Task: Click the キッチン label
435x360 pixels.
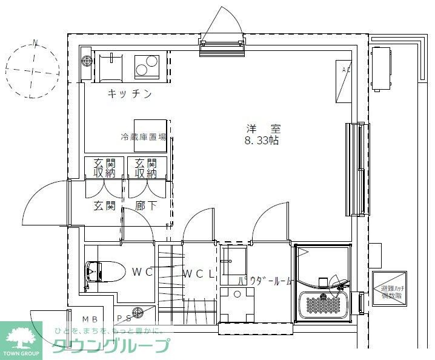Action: click(x=129, y=94)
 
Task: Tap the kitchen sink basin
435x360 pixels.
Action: click(x=111, y=65)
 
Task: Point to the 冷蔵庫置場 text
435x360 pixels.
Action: click(x=143, y=137)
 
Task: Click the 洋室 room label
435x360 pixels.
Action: click(x=263, y=128)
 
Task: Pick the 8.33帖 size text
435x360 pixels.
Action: click(x=262, y=141)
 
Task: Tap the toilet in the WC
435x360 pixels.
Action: click(x=98, y=272)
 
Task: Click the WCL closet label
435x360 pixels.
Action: click(x=198, y=273)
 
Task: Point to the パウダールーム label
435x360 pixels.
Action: click(x=265, y=281)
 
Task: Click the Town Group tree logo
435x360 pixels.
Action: click(x=21, y=336)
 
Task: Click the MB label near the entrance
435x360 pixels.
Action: click(x=90, y=318)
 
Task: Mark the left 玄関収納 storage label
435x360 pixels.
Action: click(x=104, y=168)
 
